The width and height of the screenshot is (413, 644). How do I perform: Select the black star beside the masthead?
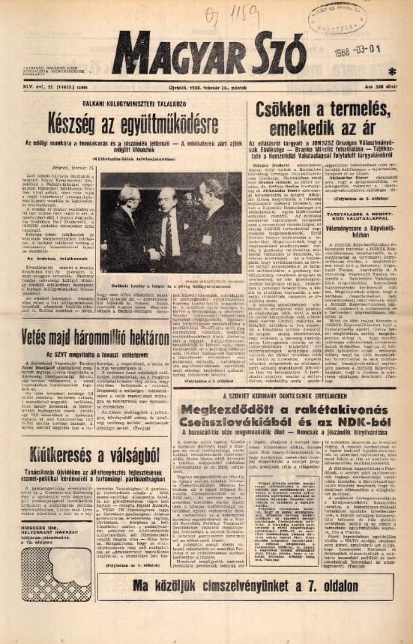pos(391,71)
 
